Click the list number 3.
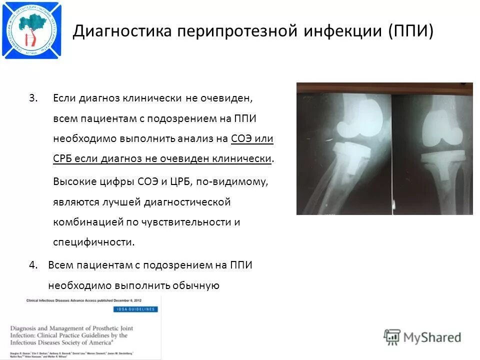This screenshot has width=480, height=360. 33,98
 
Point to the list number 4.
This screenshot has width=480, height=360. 33,265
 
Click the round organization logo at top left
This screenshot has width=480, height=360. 31,30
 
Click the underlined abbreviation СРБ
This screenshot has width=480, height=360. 64,159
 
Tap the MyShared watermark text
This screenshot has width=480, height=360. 433,337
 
